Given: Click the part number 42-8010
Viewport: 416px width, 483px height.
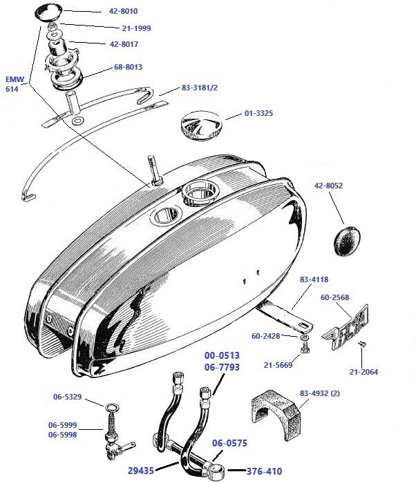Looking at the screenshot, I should click(124, 12).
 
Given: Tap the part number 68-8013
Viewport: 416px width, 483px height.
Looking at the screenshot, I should click(129, 67).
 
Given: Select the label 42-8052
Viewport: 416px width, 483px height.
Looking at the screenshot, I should click(328, 186).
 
